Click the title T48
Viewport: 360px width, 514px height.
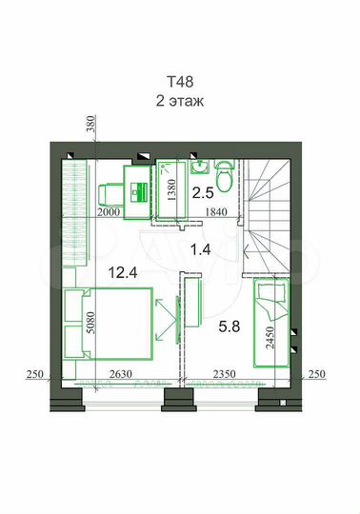tap(180, 82)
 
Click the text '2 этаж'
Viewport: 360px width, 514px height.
tap(180, 99)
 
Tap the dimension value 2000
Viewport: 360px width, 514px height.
tap(110, 213)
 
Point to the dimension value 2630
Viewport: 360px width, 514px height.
tap(119, 373)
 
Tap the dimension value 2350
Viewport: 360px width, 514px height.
tap(224, 373)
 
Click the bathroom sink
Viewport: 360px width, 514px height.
tap(202, 168)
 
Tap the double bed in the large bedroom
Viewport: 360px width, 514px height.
tap(106, 324)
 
